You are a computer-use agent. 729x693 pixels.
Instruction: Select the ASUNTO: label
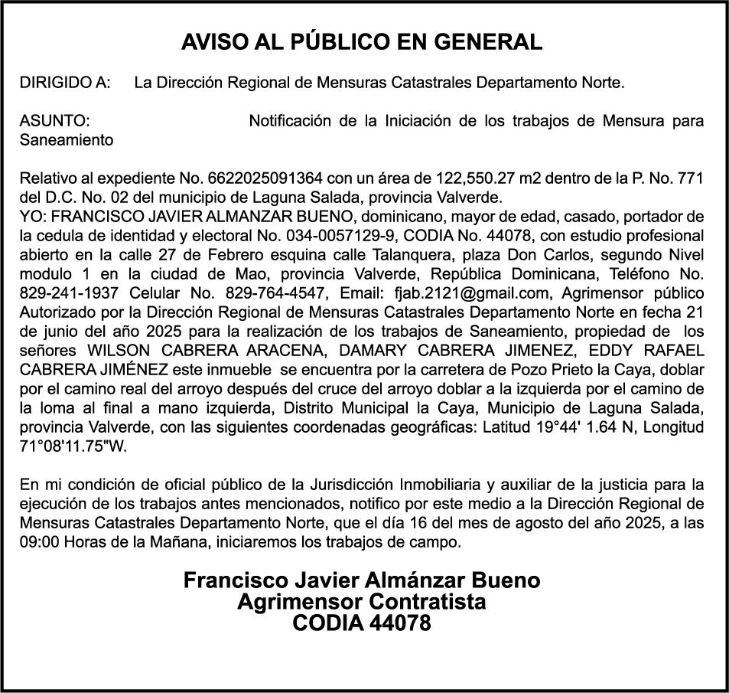pos(54,121)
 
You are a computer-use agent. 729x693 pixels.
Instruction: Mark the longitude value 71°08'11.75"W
pos(73,446)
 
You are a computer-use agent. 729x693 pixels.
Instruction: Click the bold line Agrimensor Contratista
pos(361,602)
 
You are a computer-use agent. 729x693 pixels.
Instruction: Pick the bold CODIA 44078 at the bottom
pos(361,623)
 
